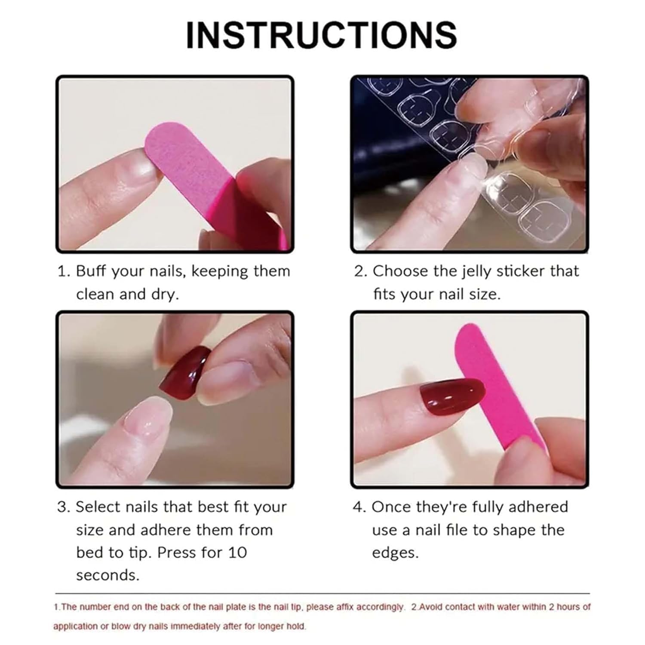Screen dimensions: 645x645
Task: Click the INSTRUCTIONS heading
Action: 321,35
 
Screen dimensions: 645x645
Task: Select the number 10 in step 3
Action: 237,553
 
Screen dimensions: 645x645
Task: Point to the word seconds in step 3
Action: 107,575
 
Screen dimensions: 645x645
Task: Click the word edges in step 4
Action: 395,553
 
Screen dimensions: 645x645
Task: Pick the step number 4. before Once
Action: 359,507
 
